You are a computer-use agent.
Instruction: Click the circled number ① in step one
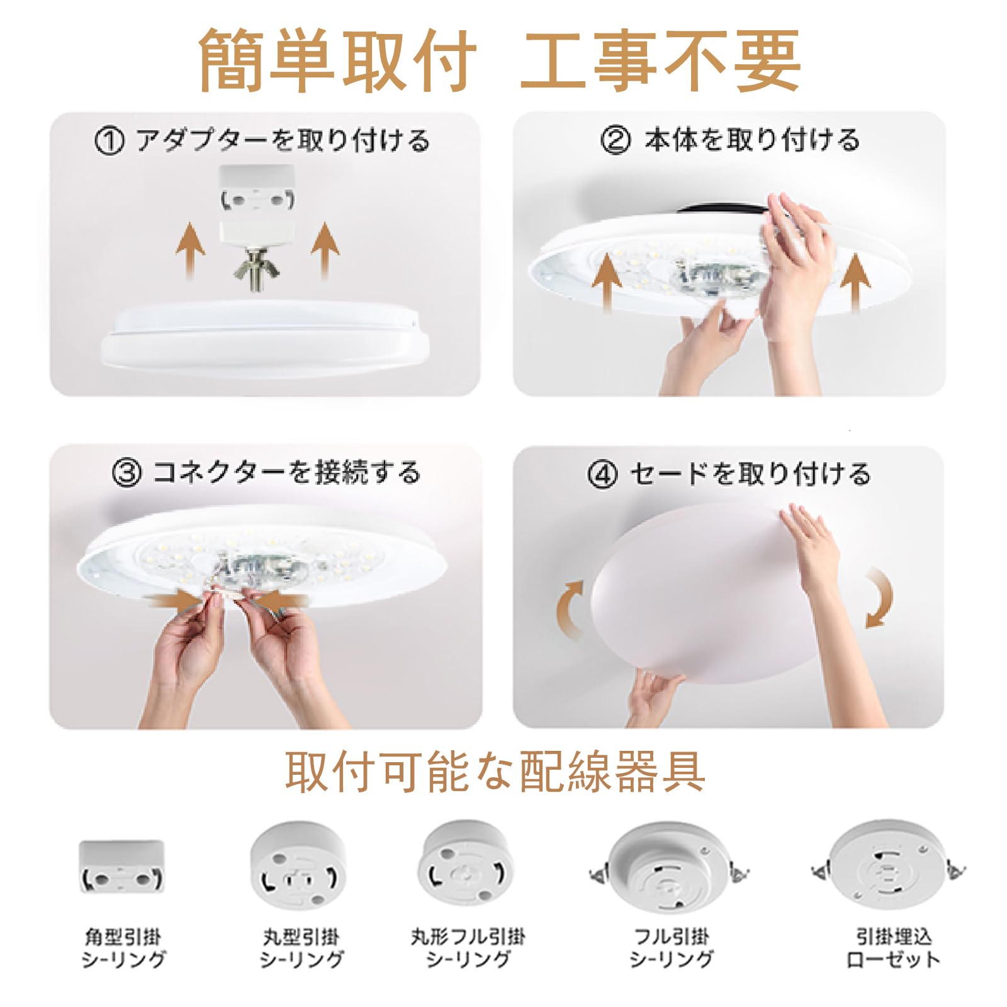click(109, 141)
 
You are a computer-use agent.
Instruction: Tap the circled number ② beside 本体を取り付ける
click(615, 140)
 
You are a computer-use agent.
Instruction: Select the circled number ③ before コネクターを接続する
click(127, 473)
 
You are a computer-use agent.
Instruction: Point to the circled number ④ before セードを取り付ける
click(602, 474)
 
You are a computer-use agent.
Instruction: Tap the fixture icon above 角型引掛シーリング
click(121, 867)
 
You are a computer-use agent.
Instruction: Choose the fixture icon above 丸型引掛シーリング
click(298, 864)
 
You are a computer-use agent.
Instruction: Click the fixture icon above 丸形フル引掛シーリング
click(465, 864)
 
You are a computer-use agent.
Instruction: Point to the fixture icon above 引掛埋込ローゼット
click(889, 867)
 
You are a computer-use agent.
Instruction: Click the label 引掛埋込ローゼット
click(893, 948)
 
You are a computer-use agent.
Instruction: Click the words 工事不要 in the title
click(661, 62)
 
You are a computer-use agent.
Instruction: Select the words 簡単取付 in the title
click(338, 62)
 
